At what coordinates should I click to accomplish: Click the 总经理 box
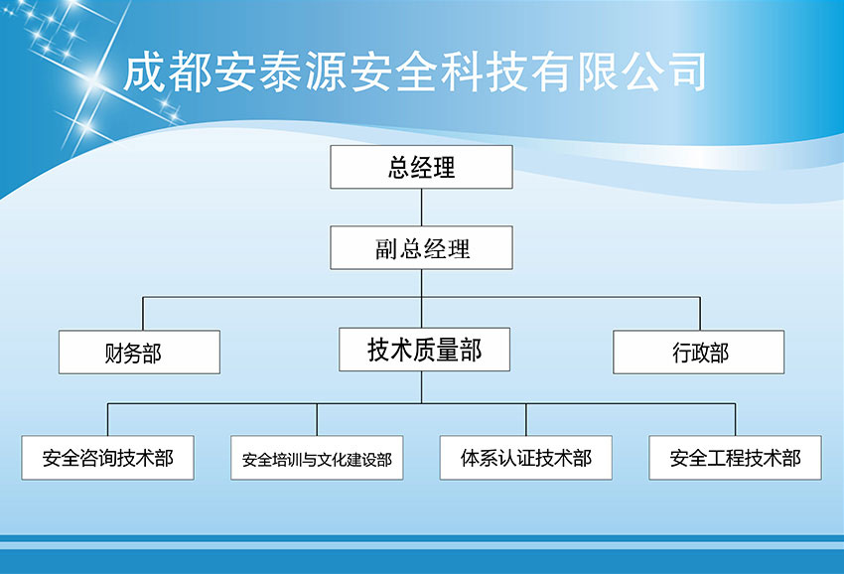tap(421, 167)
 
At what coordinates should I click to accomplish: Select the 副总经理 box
tap(421, 247)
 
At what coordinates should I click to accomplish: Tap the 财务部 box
tap(139, 353)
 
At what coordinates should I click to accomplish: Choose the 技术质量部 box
tap(424, 350)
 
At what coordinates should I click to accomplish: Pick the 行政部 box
tap(699, 353)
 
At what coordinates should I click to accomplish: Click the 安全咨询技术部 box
tap(107, 458)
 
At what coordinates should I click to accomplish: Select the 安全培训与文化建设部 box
tap(317, 458)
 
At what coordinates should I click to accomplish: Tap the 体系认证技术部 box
tap(526, 458)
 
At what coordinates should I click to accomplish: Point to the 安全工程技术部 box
tap(735, 458)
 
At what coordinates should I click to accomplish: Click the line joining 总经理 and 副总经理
tap(421, 208)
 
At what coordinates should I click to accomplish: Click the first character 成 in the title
tap(145, 72)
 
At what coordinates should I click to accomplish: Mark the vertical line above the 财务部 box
tap(143, 314)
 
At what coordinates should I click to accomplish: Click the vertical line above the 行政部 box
tap(700, 314)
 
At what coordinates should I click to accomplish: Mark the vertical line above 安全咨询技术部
tap(107, 419)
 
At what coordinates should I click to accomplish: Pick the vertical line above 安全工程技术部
tap(735, 419)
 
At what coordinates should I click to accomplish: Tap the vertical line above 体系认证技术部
tap(526, 419)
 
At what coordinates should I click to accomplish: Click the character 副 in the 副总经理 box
tap(386, 249)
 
